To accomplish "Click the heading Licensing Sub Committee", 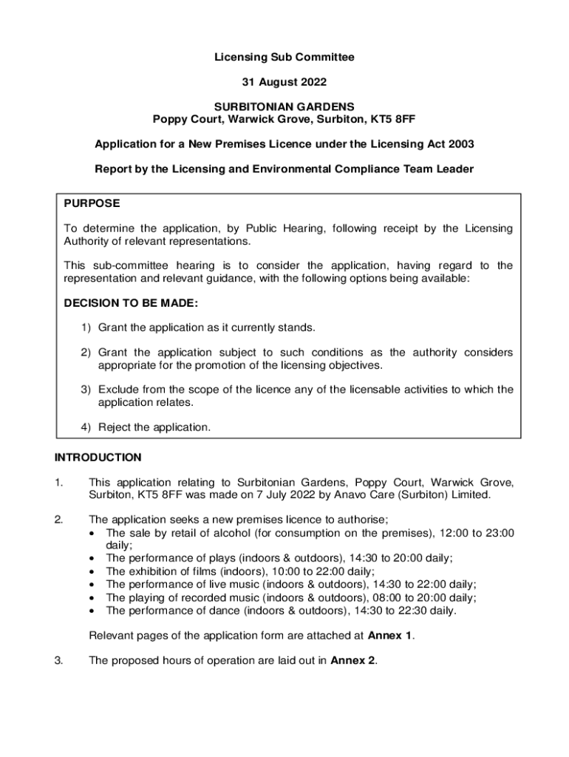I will click(x=284, y=57).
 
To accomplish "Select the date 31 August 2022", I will click(x=284, y=81).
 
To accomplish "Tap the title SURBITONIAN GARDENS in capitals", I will click(x=284, y=106).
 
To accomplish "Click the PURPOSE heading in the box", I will click(x=92, y=203).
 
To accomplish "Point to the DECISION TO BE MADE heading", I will click(x=131, y=303).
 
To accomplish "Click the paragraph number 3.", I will click(x=58, y=661).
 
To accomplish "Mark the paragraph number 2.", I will click(x=58, y=520).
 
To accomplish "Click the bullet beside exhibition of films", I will click(x=92, y=571).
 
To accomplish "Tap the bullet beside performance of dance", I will click(x=92, y=611).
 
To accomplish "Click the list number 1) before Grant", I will click(x=86, y=327).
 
